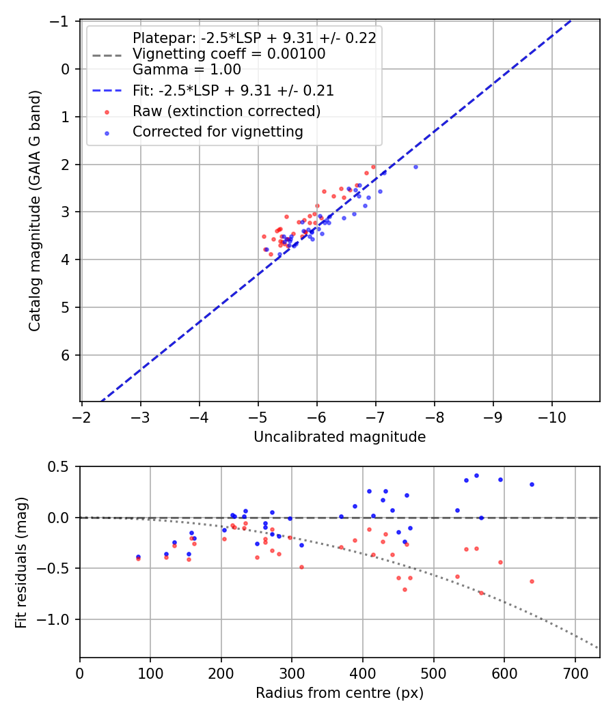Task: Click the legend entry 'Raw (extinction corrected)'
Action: pyautogui.click(x=226, y=111)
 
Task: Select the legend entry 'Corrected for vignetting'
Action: pyautogui.click(x=218, y=132)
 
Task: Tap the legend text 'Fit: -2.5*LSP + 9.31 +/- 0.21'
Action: pyautogui.click(x=233, y=90)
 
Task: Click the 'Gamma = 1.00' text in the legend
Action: pyautogui.click(x=187, y=69)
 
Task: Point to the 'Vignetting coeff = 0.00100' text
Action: pyautogui.click(x=229, y=53)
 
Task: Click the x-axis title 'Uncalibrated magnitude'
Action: pyautogui.click(x=340, y=437)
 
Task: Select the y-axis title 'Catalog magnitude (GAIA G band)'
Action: pyautogui.click(x=35, y=211)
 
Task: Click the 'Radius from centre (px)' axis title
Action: pyautogui.click(x=340, y=693)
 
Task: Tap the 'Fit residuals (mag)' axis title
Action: pyautogui.click(x=21, y=562)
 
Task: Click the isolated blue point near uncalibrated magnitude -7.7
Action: pyautogui.click(x=415, y=167)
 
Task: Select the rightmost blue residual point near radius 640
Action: pyautogui.click(x=532, y=484)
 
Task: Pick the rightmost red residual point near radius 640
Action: pyautogui.click(x=532, y=581)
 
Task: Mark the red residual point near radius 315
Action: pyautogui.click(x=301, y=567)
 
